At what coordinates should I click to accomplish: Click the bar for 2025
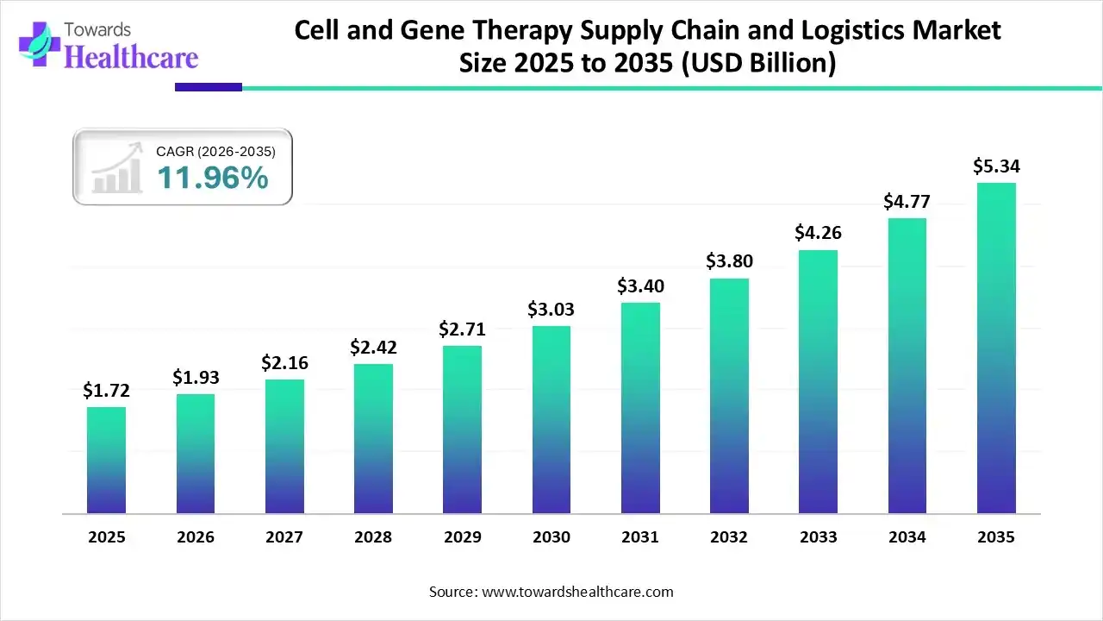(x=106, y=461)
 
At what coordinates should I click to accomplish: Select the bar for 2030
(x=551, y=420)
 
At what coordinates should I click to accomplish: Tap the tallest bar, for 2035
(x=996, y=348)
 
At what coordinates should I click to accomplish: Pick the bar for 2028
(x=373, y=439)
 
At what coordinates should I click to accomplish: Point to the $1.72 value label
(x=106, y=391)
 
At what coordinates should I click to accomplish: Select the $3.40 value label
(x=640, y=285)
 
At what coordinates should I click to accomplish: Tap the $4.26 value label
(x=819, y=233)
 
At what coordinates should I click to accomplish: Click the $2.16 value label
(x=284, y=363)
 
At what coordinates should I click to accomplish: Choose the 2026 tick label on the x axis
(x=196, y=537)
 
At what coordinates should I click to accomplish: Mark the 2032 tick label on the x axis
(x=729, y=537)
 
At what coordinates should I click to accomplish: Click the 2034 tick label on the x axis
(x=907, y=537)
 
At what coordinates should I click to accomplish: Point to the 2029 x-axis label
(x=462, y=537)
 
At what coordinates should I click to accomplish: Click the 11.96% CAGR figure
(x=212, y=179)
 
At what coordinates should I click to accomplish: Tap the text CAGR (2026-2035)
(x=215, y=152)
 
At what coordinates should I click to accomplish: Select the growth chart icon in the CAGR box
(x=118, y=168)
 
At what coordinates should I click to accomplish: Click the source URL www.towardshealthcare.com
(x=576, y=592)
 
